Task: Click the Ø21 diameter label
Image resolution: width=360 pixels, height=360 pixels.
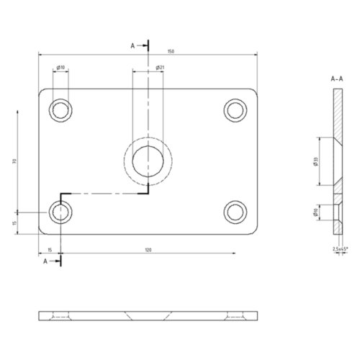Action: [x=161, y=68]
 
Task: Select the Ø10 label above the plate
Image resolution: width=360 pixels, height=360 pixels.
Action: [x=62, y=68]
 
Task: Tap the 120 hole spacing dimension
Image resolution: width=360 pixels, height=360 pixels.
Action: [x=148, y=249]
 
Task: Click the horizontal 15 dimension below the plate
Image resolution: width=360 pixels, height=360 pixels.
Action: [x=49, y=249]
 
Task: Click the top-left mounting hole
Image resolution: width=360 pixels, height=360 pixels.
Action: [x=60, y=109]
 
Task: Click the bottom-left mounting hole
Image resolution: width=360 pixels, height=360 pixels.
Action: [x=60, y=212]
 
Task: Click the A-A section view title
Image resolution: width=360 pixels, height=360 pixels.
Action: [x=337, y=77]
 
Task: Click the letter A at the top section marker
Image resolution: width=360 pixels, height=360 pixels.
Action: [x=133, y=45]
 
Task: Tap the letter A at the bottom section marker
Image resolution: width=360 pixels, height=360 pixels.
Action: [x=46, y=262]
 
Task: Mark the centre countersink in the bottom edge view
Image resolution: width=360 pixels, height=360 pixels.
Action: [x=148, y=316]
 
